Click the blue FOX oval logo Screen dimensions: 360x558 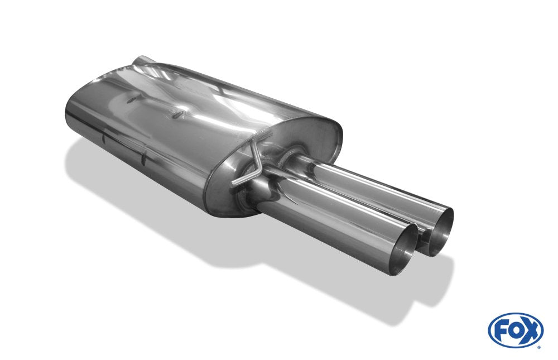pyautogui.click(x=516, y=330)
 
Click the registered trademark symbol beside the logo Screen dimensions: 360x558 pyautogui.click(x=538, y=347)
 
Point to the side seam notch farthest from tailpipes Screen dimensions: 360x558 pyautogui.click(x=103, y=136)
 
